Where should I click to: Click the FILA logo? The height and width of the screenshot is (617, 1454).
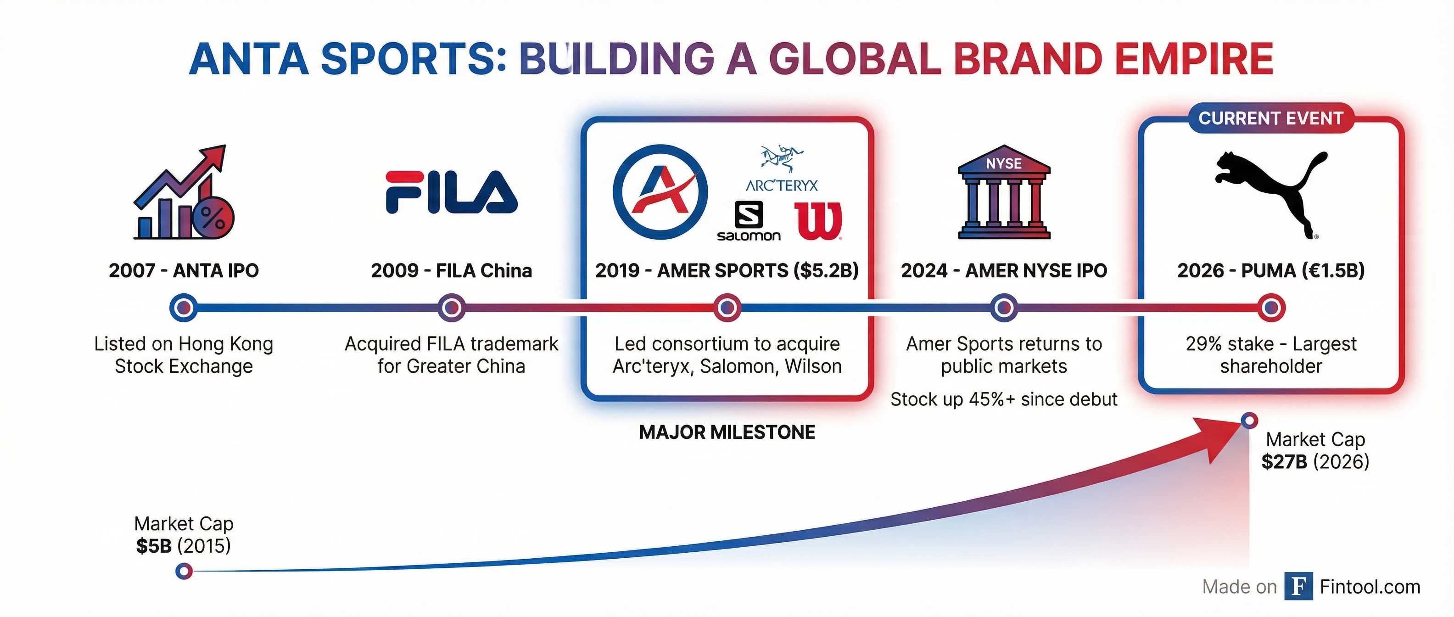point(451,192)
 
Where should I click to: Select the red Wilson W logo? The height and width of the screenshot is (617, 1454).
point(818,221)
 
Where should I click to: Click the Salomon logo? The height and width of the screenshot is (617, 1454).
point(749,221)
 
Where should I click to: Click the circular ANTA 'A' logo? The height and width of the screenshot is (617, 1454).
point(660,192)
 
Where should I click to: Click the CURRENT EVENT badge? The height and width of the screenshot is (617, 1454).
point(1270,118)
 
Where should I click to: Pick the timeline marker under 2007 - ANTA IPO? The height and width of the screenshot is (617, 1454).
point(184,308)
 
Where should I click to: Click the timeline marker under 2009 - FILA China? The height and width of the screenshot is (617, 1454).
point(451,308)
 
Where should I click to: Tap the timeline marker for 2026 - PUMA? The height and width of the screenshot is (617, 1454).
point(1271,308)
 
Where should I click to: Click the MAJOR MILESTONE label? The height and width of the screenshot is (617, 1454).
point(727,432)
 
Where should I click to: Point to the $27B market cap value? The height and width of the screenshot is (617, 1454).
point(1284,462)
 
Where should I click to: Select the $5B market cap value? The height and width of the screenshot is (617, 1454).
point(154,546)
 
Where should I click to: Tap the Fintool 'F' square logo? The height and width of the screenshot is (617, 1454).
point(1298,587)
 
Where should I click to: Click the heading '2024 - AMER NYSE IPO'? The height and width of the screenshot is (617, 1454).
point(1004,271)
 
